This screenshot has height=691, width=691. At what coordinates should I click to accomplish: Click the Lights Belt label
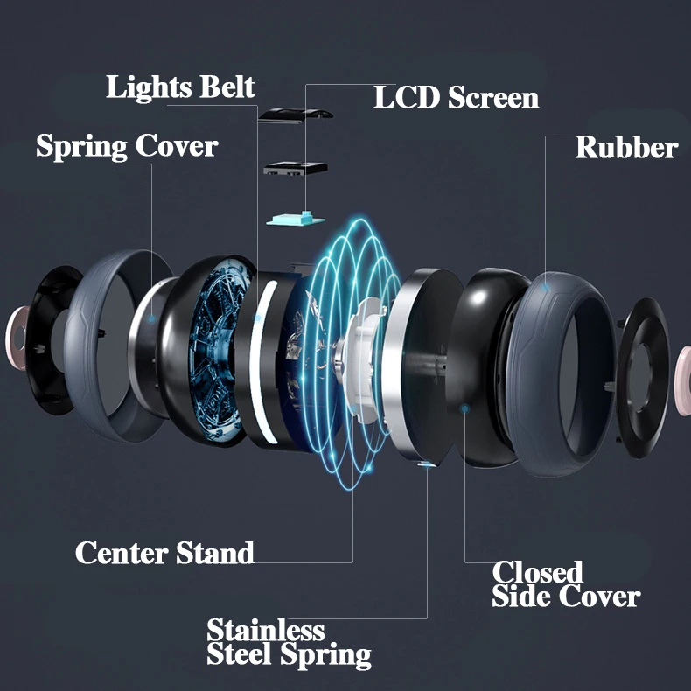click(x=180, y=87)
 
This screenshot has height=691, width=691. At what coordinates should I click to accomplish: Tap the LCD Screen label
click(x=456, y=97)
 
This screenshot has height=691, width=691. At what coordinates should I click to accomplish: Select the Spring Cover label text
click(x=127, y=145)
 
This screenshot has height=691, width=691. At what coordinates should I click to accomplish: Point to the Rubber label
click(x=625, y=147)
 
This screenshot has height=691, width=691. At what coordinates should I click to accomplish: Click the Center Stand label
click(x=164, y=553)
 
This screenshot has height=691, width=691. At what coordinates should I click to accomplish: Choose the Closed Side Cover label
click(x=565, y=584)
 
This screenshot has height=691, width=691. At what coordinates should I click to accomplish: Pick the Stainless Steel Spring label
click(x=289, y=643)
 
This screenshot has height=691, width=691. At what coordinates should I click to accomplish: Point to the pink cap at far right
click(x=683, y=367)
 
